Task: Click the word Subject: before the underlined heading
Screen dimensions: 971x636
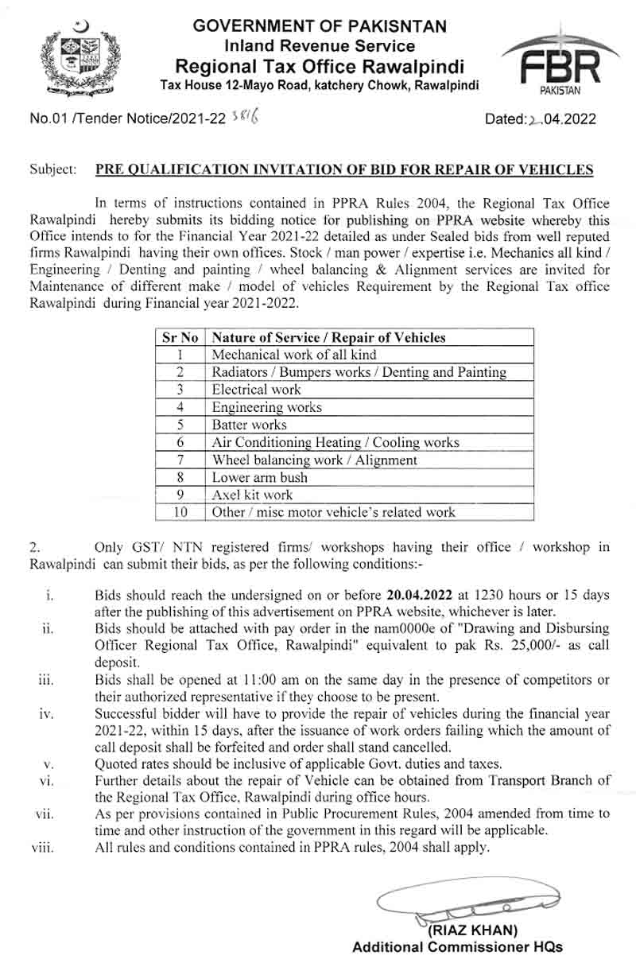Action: tap(53, 169)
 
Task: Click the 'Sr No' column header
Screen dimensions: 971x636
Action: tap(179, 337)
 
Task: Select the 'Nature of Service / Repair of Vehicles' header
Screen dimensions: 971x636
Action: tap(328, 337)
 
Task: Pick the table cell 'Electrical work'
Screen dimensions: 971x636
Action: tap(256, 390)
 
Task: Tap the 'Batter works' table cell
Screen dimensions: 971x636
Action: tap(249, 425)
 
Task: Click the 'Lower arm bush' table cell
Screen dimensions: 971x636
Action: tap(259, 477)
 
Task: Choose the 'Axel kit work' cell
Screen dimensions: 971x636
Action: tap(252, 495)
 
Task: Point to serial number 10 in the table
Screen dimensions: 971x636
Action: tap(180, 512)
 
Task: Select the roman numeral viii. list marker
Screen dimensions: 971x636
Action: tap(42, 848)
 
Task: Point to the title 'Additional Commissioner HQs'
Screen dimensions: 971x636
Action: tap(457, 947)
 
